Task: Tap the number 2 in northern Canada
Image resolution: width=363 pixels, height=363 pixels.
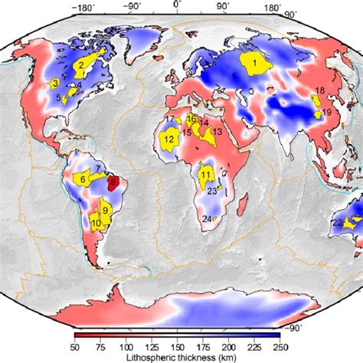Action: point(79,65)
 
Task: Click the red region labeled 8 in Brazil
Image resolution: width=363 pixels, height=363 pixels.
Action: point(113,182)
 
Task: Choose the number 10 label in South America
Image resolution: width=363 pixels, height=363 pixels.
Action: point(96,224)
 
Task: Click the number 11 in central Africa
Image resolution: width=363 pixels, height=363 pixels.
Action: point(204,175)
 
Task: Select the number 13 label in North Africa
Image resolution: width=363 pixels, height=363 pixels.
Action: point(217,132)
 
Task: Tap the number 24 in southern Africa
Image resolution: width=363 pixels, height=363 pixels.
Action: point(207,219)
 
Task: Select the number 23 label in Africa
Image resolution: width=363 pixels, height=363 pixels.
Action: point(212,192)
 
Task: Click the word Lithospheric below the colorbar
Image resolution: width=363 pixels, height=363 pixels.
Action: point(148,357)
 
